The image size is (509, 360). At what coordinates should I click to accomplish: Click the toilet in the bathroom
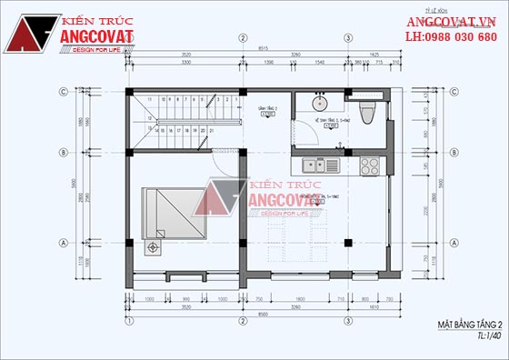[365, 111]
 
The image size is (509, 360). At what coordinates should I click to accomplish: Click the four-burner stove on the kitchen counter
[370, 165]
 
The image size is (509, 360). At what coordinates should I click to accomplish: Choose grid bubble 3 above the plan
[348, 37]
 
